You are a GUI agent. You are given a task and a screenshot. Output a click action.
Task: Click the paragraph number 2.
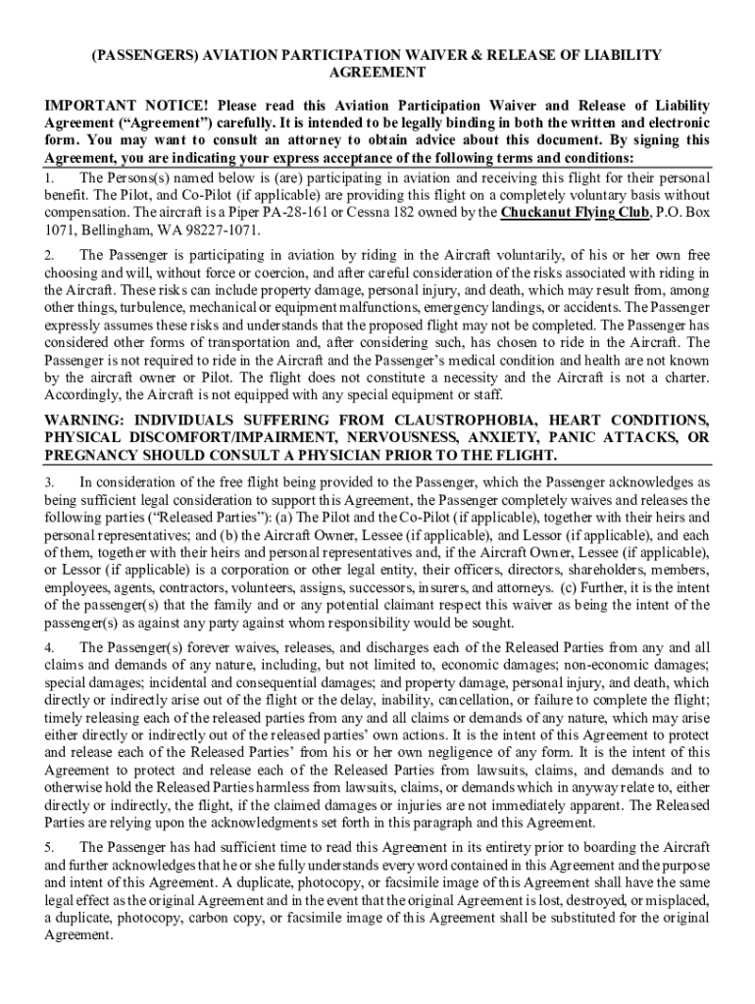tap(49, 255)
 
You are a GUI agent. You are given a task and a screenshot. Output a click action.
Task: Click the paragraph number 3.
tap(49, 481)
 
